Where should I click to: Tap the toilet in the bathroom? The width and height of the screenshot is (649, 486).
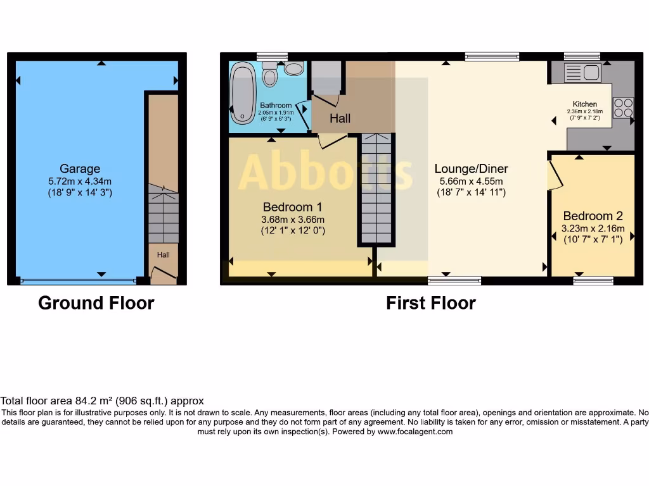[270, 75]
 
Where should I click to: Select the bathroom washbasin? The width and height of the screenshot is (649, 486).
[293, 68]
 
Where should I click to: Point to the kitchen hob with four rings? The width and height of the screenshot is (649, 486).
[622, 107]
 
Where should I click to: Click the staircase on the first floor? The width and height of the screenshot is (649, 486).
[377, 189]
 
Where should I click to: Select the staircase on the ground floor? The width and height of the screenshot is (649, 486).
[163, 213]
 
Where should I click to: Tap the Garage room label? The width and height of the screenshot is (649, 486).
[80, 168]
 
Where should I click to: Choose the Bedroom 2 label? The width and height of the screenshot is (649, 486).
[593, 216]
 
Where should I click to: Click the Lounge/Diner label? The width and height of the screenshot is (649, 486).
[471, 168]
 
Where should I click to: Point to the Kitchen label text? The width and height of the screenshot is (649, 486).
[584, 104]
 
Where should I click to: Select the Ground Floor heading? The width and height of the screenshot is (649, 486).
[96, 303]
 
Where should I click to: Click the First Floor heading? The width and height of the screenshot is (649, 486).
[430, 303]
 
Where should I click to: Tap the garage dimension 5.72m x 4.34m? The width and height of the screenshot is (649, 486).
[80, 181]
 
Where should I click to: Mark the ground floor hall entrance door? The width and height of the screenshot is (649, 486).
[164, 274]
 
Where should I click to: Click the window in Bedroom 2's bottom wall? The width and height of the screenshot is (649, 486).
[593, 280]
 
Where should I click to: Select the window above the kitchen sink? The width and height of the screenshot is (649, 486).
[582, 56]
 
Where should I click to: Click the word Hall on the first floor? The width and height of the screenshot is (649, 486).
[340, 118]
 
